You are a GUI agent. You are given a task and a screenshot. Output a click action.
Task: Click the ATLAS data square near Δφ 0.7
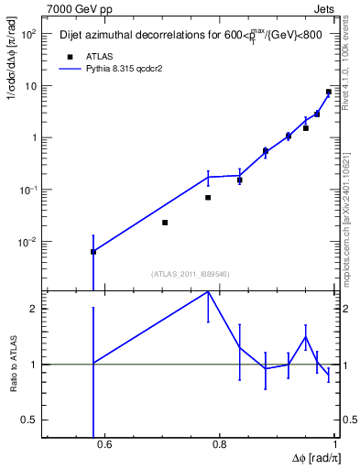tap(165, 223)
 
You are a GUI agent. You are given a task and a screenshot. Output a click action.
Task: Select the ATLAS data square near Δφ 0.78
tap(208, 197)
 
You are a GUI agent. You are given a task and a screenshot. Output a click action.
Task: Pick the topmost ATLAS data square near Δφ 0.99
tap(329, 92)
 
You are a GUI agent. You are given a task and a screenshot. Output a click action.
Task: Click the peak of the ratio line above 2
tap(208, 291)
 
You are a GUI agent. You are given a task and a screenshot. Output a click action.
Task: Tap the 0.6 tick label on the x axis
tap(104, 446)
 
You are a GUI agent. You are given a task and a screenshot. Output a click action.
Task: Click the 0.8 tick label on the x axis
tap(220, 446)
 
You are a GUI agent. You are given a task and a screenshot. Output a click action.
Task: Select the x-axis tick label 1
tap(335, 446)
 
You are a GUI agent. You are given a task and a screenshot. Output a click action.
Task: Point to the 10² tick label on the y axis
tap(28, 34)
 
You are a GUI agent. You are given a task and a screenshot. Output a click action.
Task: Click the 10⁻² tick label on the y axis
tap(28, 243)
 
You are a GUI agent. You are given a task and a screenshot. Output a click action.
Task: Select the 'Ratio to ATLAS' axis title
tap(13, 364)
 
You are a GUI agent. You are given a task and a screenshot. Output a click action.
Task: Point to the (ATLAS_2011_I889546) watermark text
tap(191, 274)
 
